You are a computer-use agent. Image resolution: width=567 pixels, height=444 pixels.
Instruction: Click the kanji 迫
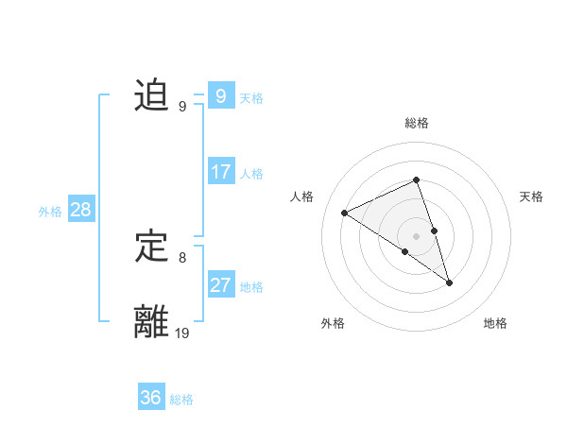coord(152,96)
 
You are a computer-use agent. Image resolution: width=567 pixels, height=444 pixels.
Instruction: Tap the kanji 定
coord(152,248)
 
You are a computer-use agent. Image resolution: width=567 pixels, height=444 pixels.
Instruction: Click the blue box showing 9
coord(220,96)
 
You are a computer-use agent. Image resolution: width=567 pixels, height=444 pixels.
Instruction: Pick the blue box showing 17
coord(221,172)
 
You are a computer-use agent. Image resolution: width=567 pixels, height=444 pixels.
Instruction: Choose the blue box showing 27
coord(221,285)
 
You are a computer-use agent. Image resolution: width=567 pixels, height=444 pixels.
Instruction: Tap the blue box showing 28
coord(81,210)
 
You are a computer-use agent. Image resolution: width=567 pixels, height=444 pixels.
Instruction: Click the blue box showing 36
coord(151,398)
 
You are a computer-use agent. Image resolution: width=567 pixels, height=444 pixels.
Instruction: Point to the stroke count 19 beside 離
coord(182,333)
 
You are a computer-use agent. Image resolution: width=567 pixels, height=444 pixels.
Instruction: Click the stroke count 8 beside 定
coord(182,257)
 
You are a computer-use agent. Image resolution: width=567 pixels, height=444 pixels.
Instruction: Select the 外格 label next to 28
coord(50,212)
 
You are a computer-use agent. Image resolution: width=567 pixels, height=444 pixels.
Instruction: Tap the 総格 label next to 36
coord(181,400)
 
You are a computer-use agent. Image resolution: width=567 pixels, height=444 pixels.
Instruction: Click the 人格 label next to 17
coord(251,174)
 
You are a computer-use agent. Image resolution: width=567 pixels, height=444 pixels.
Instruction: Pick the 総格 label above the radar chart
coord(417,123)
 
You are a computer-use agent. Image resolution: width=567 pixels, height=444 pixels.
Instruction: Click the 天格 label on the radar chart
coord(531,196)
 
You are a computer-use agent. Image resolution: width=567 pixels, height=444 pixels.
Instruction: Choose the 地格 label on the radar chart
coord(495,324)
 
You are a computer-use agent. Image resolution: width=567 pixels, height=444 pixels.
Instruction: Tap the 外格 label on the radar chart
coord(333,324)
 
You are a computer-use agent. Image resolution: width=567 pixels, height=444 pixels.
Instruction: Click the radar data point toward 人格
coord(345,213)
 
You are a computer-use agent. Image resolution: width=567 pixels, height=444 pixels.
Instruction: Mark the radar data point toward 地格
coord(450,282)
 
